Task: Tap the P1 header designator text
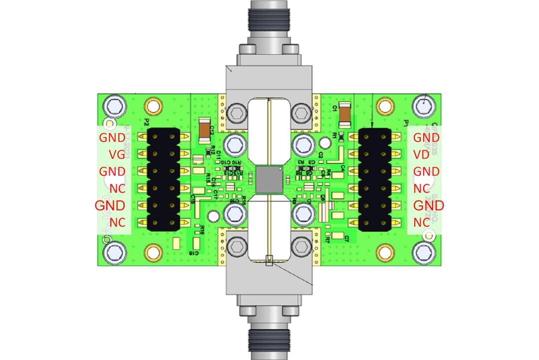point(405,122)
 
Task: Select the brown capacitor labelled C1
point(345,113)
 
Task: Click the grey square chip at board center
point(269,180)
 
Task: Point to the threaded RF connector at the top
point(269,20)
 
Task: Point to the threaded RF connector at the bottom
point(269,335)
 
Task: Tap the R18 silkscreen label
point(202,230)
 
